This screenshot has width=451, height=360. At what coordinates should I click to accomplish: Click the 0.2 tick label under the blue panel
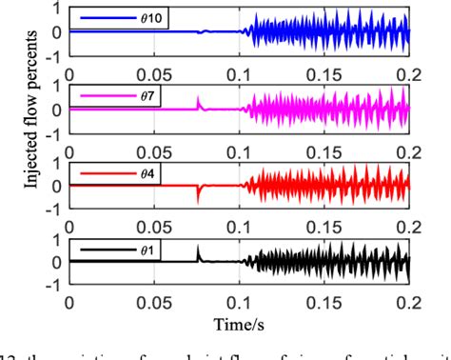409,70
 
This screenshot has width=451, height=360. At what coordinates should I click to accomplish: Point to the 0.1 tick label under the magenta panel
239,148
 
